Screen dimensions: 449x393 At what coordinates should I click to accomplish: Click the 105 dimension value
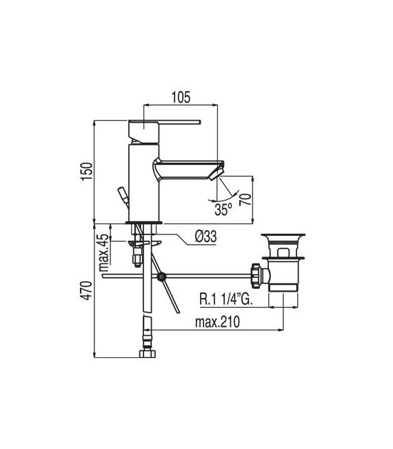click(x=180, y=97)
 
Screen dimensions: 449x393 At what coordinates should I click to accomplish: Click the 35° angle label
click(x=223, y=206)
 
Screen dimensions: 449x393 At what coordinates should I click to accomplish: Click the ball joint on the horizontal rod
click(x=161, y=278)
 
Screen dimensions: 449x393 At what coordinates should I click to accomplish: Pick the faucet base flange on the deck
click(x=143, y=221)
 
